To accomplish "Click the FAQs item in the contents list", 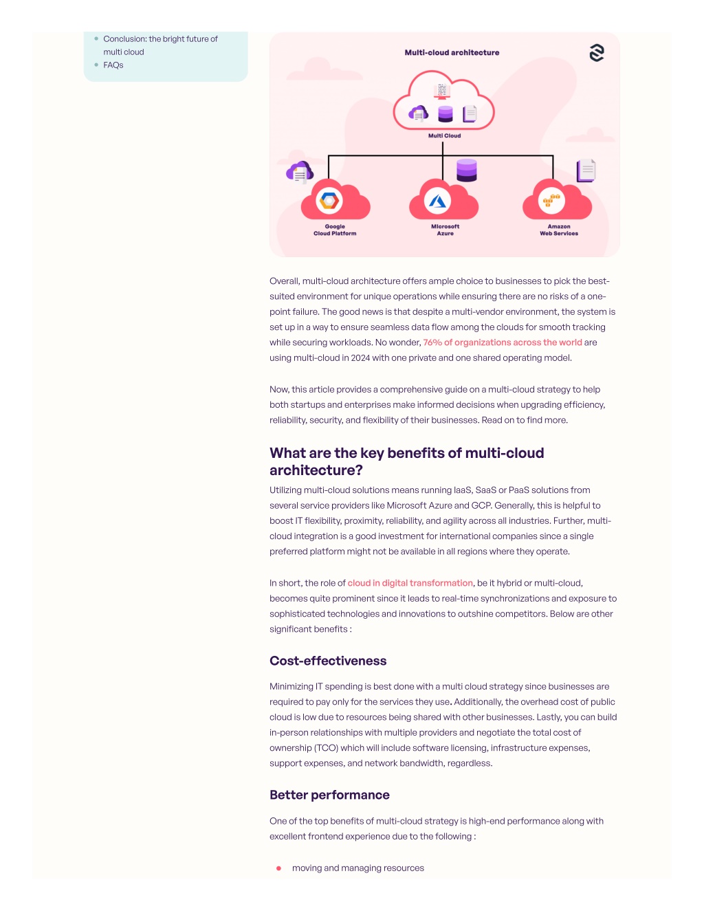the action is tap(113, 65).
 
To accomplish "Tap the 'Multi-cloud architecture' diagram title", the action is tap(452, 52).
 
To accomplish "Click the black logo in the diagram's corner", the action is tap(597, 53).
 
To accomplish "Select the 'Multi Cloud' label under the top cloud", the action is tap(444, 135).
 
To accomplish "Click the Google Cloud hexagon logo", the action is tap(329, 200).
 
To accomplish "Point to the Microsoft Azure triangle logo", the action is tap(437, 201).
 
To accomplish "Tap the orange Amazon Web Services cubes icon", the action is tap(551, 200).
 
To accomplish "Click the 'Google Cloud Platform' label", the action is tap(335, 230).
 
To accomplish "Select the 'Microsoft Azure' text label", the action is tap(445, 230).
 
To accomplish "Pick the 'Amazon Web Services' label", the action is tap(558, 230).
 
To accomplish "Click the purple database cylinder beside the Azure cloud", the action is tap(466, 171).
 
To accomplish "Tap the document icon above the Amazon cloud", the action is tap(586, 171).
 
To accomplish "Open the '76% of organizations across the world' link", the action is tap(503, 342).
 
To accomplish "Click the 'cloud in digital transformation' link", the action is tap(410, 583).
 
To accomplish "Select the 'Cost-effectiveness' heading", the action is tap(328, 661).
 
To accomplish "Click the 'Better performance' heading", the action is tap(329, 795).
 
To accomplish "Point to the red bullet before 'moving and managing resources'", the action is tap(278, 868).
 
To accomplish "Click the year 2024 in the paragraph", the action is tap(361, 358).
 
